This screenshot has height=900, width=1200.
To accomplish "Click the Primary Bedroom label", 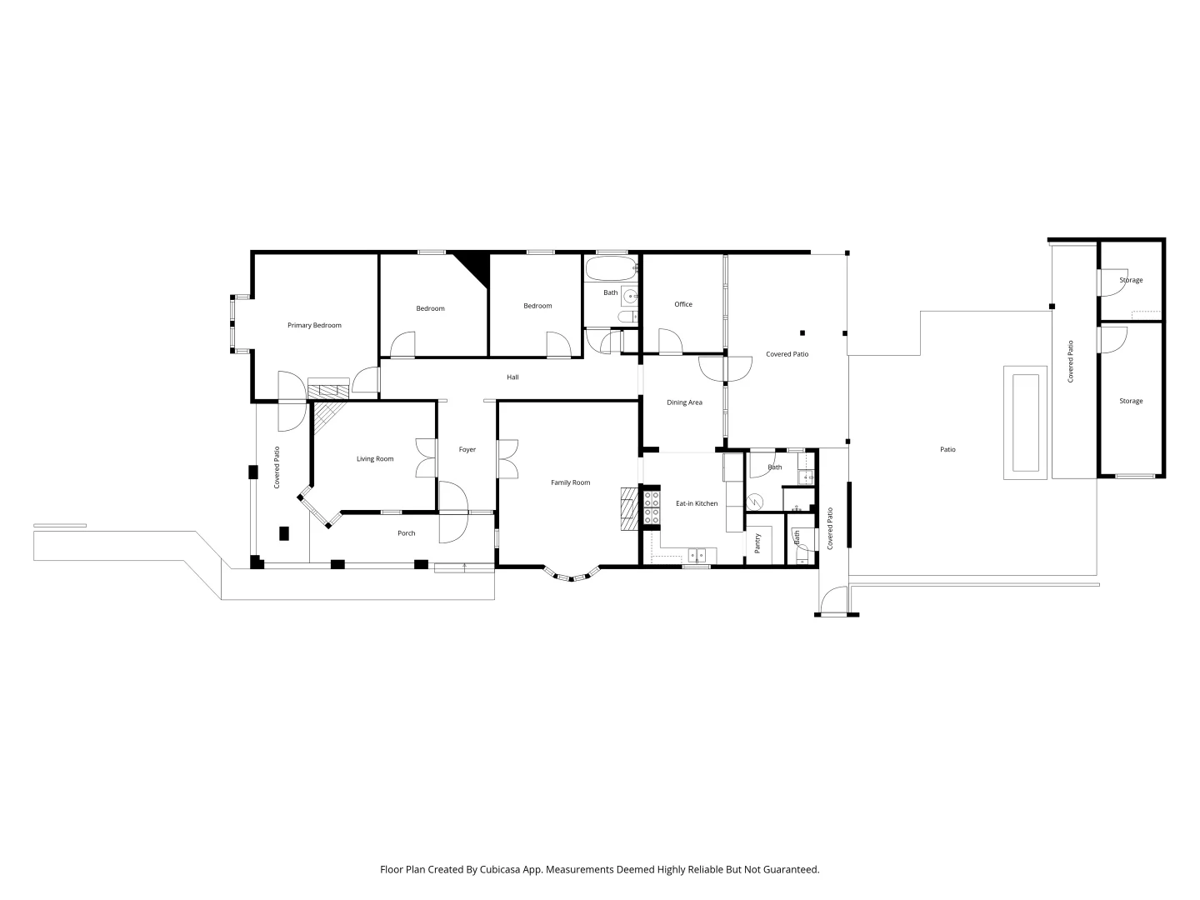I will click(314, 325).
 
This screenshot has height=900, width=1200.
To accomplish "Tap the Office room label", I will click(683, 304).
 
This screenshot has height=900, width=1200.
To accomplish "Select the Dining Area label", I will click(684, 402).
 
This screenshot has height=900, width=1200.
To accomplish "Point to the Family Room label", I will click(570, 482).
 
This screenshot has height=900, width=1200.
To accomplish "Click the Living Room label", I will click(375, 459).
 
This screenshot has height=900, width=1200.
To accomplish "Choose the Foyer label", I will click(467, 450).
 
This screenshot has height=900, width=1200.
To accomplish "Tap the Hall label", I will click(512, 377).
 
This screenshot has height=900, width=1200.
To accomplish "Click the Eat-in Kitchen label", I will click(697, 503).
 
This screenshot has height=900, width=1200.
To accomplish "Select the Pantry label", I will click(757, 543).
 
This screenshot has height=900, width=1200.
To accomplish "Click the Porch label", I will click(406, 533).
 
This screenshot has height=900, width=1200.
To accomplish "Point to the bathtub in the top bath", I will click(611, 268).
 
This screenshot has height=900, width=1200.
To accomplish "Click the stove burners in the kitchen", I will click(652, 507).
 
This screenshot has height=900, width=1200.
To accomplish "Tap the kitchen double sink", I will click(697, 554).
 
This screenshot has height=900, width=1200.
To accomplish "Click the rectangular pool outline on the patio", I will click(1025, 423).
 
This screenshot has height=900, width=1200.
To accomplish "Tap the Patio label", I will click(947, 450).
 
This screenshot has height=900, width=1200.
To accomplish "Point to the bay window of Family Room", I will click(572, 574).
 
